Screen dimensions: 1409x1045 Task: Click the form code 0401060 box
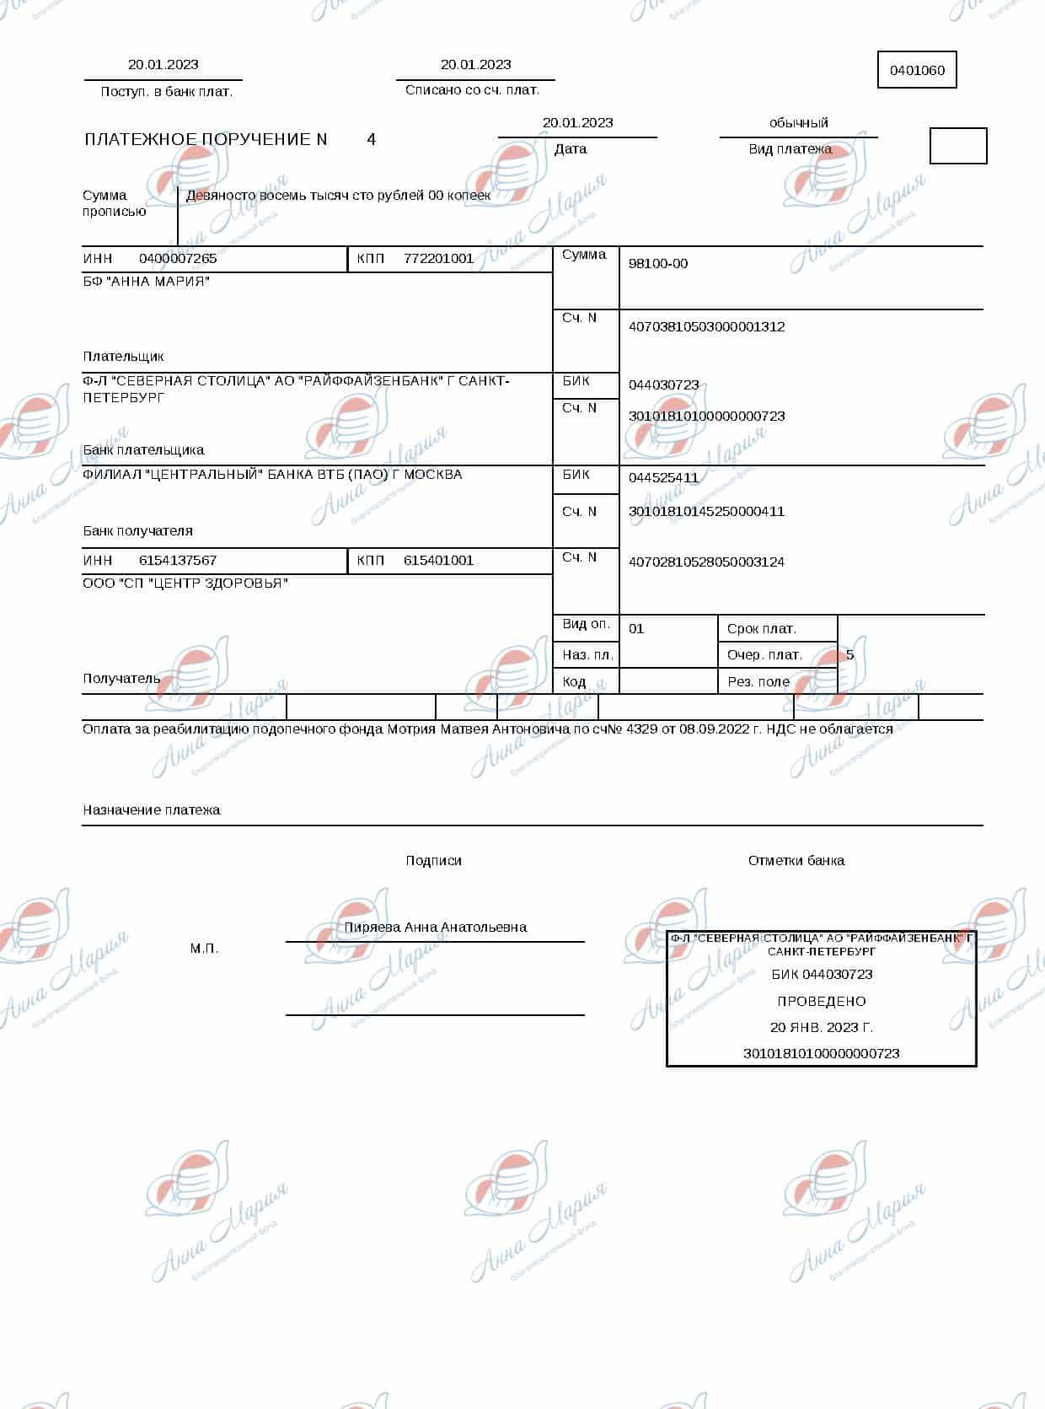[x=917, y=70]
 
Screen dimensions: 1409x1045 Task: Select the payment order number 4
[x=372, y=139]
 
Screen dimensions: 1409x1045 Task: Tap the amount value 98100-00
[x=658, y=263]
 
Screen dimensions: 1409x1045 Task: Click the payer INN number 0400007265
[x=178, y=258]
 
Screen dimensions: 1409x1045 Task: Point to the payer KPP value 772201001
[x=438, y=258]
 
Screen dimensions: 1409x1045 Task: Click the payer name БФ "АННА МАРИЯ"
[x=147, y=281]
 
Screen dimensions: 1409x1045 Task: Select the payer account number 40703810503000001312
[x=706, y=326]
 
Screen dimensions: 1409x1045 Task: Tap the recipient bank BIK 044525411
[x=663, y=477]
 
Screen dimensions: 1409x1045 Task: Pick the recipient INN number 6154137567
[x=178, y=560]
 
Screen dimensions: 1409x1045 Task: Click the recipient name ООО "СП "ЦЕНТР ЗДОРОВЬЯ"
[x=185, y=583]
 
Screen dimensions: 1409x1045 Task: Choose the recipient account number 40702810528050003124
[x=706, y=562]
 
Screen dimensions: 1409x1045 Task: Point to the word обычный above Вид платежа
[x=798, y=122]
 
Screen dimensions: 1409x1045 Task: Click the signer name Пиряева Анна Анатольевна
[x=435, y=927]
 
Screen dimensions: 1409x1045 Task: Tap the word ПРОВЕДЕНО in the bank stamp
[x=821, y=1001]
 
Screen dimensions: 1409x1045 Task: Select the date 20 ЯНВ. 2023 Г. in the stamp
[x=821, y=1027]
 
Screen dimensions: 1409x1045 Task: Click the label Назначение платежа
[x=152, y=809]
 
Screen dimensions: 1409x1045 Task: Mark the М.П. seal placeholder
[x=204, y=949]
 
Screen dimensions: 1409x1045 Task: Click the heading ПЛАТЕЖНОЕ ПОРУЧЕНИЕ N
[x=206, y=139]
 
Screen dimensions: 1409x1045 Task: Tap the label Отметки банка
[x=796, y=860]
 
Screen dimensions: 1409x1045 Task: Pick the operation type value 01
[x=636, y=628]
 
